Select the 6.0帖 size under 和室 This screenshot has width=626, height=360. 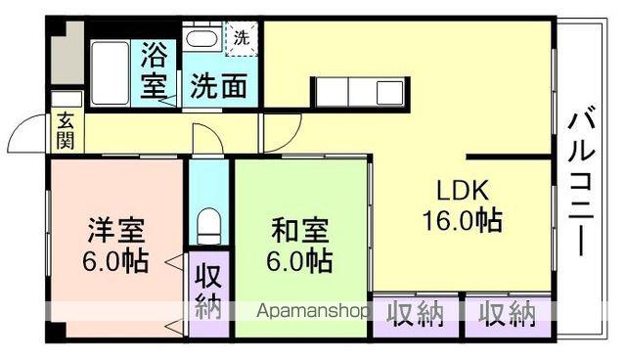tap(300, 262)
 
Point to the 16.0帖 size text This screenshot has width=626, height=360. tap(462, 220)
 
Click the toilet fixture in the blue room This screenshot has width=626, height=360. tap(207, 226)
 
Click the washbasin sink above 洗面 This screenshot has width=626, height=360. tap(202, 42)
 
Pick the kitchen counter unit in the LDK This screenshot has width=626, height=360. tap(353, 94)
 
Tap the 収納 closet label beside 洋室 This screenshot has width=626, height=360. tap(206, 289)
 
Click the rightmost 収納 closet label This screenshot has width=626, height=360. tap(508, 314)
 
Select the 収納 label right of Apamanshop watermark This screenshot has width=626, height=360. tap(416, 314)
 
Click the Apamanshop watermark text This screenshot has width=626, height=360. tap(312, 312)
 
